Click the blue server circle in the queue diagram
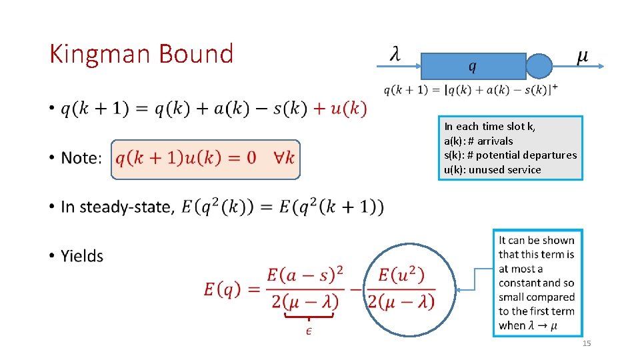pos(539,66)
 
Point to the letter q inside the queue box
pos(472,66)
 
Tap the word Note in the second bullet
pos(81,159)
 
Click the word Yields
pos(82,256)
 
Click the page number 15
pos(587,343)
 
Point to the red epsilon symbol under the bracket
pos(309,331)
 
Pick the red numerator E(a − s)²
pos(305,274)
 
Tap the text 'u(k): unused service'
pos(493,169)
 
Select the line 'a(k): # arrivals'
pos(479,141)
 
